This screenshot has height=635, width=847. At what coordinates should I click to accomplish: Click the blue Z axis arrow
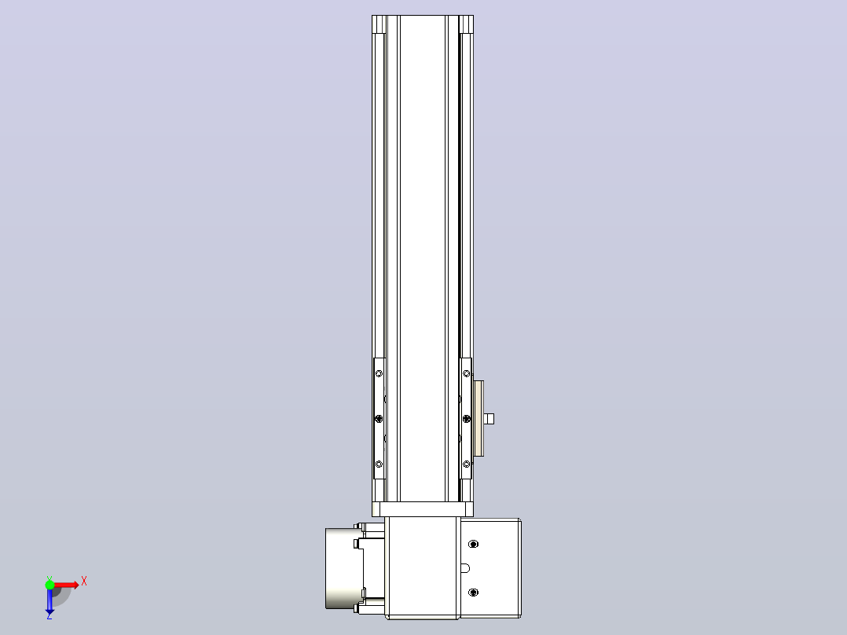(x=49, y=600)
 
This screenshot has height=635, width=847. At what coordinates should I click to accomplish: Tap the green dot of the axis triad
(x=49, y=585)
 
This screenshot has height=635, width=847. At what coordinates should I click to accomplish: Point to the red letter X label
(x=84, y=582)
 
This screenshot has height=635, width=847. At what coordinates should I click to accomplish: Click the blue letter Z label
(x=49, y=615)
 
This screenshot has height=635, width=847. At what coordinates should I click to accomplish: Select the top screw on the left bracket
(x=379, y=373)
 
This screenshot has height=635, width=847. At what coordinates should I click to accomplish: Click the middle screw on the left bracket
(x=379, y=418)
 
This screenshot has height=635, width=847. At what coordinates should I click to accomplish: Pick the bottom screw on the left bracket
(x=379, y=464)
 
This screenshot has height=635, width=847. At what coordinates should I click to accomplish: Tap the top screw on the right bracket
(x=467, y=373)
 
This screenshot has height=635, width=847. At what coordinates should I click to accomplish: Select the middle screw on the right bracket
(x=467, y=418)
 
